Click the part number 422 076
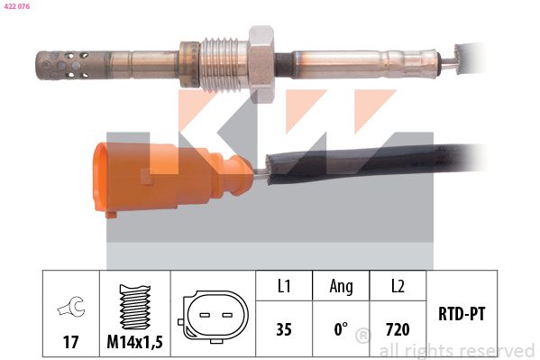17,6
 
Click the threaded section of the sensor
224,64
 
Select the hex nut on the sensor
261,64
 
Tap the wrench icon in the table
71,306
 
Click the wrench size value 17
70,342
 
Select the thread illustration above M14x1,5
134,307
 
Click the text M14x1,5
134,342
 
